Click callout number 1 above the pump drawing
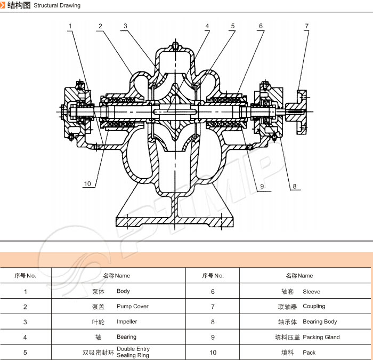click(70, 26)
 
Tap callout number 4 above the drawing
click(207, 26)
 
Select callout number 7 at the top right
click(306, 26)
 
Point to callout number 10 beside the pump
click(87, 184)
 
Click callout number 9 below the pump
click(262, 186)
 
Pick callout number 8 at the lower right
click(294, 186)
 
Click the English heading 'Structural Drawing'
click(57, 6)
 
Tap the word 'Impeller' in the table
click(127, 322)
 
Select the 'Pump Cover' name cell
click(132, 307)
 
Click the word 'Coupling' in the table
click(314, 307)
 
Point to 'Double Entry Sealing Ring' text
click(133, 352)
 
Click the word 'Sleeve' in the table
click(311, 292)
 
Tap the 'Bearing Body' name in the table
click(320, 322)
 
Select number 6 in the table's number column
click(213, 292)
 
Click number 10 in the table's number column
click(213, 353)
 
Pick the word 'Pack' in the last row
click(309, 353)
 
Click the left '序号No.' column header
click(25, 276)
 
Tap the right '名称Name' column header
click(299, 276)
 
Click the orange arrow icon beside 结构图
click(3, 5)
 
